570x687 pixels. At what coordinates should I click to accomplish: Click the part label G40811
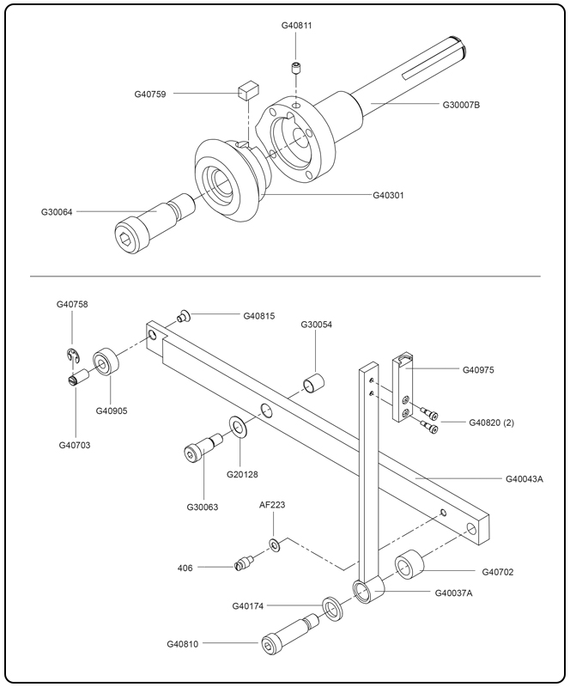point(296,26)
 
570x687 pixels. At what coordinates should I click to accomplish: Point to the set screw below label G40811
point(295,68)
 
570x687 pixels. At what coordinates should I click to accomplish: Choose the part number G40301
point(388,195)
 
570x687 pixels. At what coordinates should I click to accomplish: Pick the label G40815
point(259,316)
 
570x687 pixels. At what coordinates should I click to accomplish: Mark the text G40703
point(74,445)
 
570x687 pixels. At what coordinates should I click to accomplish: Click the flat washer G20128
point(237,427)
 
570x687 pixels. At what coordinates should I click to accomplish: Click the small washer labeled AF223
point(273,545)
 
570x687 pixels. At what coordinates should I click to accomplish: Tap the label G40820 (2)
point(492,423)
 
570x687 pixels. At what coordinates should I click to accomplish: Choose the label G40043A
point(524,478)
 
